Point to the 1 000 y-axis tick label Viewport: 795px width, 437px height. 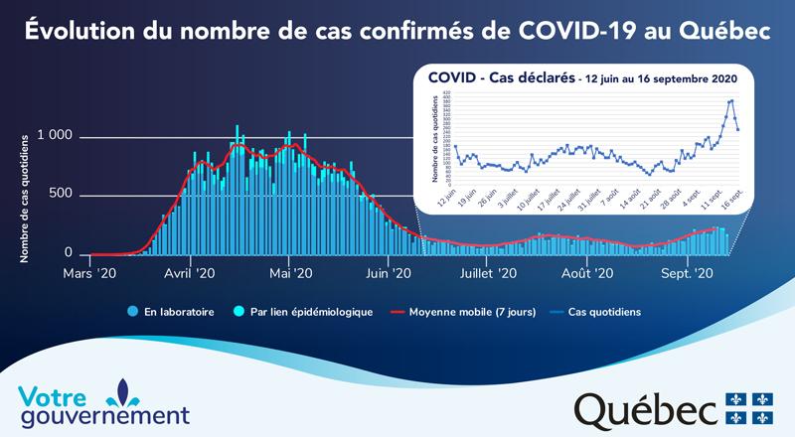(55, 136)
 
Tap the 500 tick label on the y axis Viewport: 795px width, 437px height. (63, 194)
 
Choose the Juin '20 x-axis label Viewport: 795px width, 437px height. (389, 271)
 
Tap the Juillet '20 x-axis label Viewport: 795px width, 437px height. (487, 271)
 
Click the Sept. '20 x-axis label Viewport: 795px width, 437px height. (689, 271)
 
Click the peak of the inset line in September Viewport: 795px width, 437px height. (731, 100)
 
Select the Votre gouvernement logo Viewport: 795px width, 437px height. (104, 402)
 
